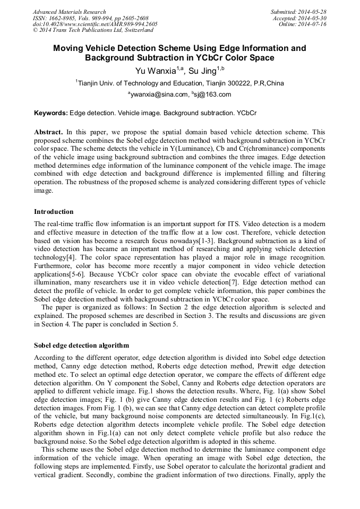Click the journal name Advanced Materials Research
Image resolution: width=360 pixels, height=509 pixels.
tap(69, 12)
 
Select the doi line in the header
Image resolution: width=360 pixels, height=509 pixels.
tap(95, 24)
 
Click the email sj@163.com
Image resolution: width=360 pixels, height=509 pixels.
tap(213, 94)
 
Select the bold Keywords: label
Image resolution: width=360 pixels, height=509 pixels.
tap(51, 113)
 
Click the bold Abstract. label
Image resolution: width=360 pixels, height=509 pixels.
tap(48, 131)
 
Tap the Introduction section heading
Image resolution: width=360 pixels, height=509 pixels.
tap(54, 211)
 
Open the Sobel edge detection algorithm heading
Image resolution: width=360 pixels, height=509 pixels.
tap(81, 345)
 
